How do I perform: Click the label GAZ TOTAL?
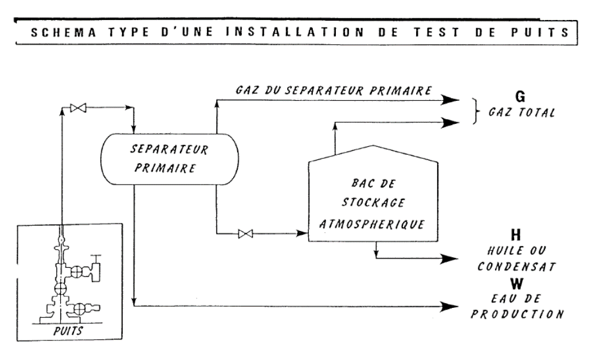[522, 112]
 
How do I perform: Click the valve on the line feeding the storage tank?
[246, 233]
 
